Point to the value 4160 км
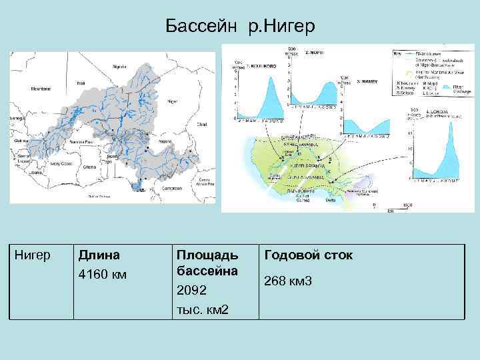point(102,274)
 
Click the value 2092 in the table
point(191,291)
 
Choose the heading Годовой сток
point(309,255)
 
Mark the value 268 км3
point(288,281)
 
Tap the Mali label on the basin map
point(81,83)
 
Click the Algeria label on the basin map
point(119,67)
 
